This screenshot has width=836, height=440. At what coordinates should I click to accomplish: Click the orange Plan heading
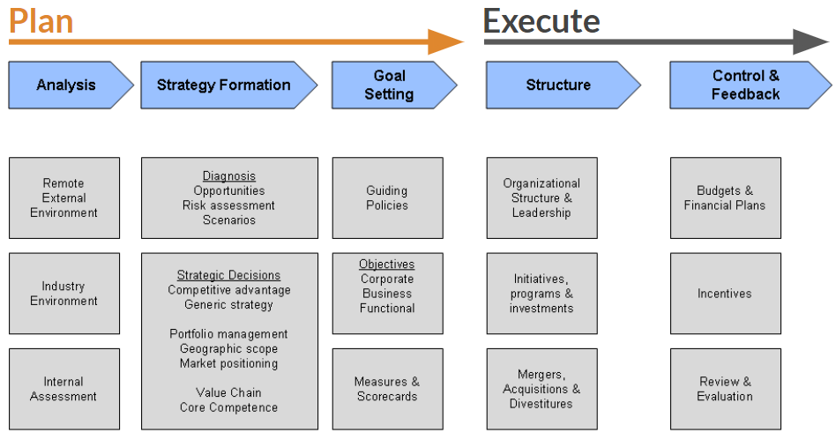[41, 19]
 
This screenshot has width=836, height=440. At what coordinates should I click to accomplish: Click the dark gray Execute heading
[541, 19]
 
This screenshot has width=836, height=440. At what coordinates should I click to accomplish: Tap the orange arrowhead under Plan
[445, 41]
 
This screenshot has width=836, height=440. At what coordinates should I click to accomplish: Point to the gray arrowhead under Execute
[810, 41]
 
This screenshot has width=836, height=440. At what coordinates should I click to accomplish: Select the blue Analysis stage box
[66, 86]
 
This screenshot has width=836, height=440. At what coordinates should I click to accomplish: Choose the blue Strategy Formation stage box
[224, 86]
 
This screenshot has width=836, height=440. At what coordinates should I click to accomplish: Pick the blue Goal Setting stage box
[389, 86]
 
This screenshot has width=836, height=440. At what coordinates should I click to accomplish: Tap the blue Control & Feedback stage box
[745, 86]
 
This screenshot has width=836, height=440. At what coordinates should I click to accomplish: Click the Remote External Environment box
[64, 198]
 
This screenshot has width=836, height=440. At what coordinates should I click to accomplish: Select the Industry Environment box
[64, 294]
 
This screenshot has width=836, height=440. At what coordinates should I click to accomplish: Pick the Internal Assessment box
[64, 389]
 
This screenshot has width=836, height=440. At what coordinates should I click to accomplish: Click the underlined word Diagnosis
[229, 176]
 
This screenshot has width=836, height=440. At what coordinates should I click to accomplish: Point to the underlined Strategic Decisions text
[228, 275]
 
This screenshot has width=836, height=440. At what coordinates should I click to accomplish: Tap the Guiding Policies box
[387, 198]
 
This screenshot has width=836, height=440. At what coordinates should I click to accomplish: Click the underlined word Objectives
[386, 265]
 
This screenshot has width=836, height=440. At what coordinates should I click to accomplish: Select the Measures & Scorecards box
[387, 389]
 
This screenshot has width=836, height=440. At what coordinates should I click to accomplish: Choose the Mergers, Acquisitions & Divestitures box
[541, 389]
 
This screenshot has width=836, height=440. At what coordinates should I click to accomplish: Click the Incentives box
[725, 294]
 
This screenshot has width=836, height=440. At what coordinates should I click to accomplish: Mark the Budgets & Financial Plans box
[725, 198]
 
